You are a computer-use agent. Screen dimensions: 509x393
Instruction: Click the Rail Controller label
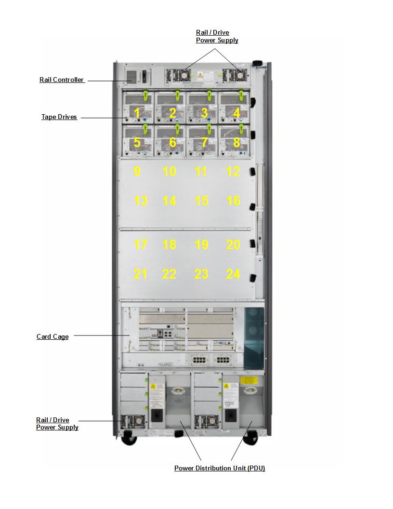pos(62,80)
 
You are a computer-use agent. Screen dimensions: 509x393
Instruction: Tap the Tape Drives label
pos(59,117)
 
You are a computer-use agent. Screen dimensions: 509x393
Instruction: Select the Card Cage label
pos(52,337)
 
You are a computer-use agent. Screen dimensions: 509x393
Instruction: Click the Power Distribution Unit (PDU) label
pos(220,469)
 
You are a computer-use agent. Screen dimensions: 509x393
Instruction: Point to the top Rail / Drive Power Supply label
pos(217,37)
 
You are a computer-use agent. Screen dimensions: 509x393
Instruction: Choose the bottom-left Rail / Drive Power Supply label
pos(57,424)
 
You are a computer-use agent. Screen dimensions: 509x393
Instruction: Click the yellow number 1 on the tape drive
pos(137,113)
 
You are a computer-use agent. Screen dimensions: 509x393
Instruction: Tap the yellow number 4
pos(236,113)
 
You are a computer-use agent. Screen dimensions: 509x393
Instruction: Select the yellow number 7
pos(204,143)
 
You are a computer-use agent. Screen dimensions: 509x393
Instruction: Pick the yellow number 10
pos(169,172)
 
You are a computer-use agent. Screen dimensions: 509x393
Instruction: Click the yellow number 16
pos(233,201)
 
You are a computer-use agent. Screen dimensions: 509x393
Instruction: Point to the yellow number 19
pos(201,245)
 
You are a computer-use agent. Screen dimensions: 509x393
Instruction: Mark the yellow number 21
pos(140,274)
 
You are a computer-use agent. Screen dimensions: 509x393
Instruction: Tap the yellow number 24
pos(233,274)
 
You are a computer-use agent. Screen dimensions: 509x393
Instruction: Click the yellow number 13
pos(140,201)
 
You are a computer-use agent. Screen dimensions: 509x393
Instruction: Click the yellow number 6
pos(172,143)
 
